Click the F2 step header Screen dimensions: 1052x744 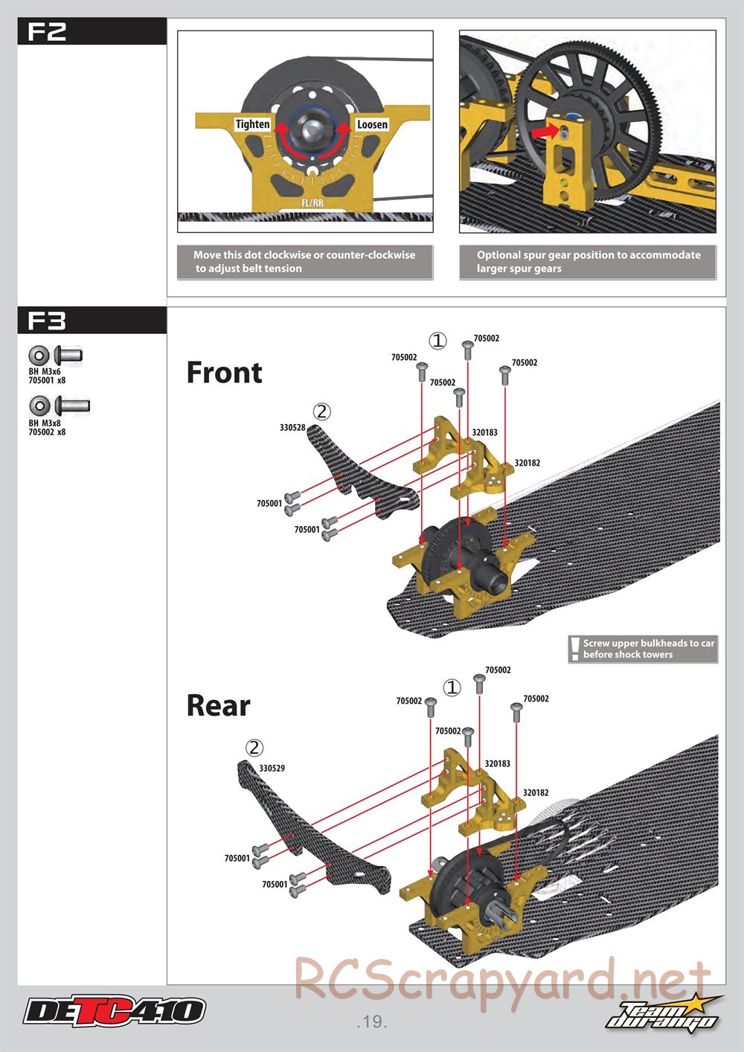point(47,32)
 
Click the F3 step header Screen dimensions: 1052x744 point(47,321)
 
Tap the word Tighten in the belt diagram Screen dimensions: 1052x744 point(252,124)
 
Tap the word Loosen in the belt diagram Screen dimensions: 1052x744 point(372,124)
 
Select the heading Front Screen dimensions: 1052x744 point(224,373)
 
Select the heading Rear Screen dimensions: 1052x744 point(218,705)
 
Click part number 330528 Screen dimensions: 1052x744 point(292,428)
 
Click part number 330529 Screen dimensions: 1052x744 point(272,768)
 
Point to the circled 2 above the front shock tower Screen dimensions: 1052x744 point(321,411)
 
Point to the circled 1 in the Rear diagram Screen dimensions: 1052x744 point(452,687)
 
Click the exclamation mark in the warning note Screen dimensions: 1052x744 point(574,649)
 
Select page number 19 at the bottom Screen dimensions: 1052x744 point(371,1021)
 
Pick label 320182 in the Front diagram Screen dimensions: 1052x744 point(527,463)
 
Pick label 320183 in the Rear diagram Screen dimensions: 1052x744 point(498,763)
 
